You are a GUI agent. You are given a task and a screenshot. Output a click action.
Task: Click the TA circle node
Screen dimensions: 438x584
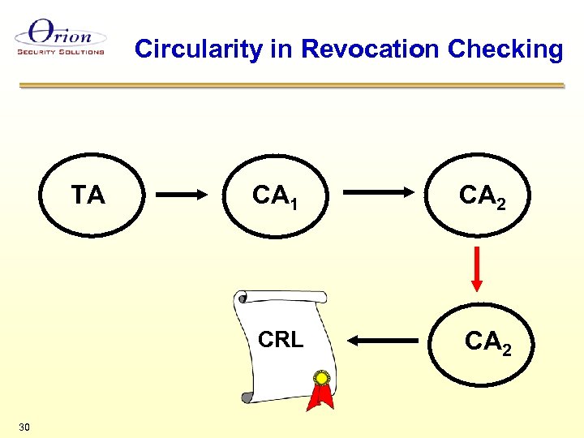89,195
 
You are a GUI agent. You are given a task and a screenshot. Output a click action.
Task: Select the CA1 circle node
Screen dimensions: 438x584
274,195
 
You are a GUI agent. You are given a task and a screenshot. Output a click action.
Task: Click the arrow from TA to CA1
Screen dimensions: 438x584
182,195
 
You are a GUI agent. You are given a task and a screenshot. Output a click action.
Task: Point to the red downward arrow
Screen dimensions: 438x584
478,268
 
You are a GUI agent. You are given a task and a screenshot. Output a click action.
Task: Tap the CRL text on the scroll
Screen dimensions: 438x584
281,340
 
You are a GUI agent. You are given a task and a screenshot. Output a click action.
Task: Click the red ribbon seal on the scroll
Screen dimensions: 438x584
322,389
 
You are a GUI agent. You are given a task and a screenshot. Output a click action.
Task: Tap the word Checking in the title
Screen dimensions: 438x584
505,50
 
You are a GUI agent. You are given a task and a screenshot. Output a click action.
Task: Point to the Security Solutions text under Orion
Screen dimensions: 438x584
61,52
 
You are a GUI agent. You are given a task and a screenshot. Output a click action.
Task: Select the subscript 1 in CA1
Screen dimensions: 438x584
293,203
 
